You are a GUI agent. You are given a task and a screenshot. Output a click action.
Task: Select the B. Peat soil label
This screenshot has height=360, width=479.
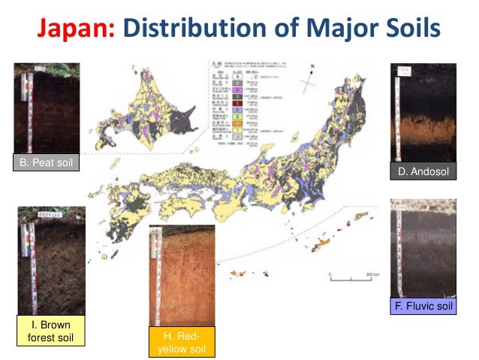47,162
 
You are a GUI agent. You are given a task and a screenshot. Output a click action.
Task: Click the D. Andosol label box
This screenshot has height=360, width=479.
423,172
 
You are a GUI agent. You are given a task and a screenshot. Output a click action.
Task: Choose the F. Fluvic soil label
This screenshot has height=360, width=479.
423,306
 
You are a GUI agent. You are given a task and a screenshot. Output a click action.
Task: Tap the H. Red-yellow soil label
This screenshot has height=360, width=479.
181,341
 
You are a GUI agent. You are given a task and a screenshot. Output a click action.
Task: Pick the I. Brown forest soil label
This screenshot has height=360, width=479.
50,331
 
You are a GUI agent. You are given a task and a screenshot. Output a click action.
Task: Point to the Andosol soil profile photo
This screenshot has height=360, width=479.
423,112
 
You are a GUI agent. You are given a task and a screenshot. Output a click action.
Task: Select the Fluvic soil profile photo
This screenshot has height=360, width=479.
423,247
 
